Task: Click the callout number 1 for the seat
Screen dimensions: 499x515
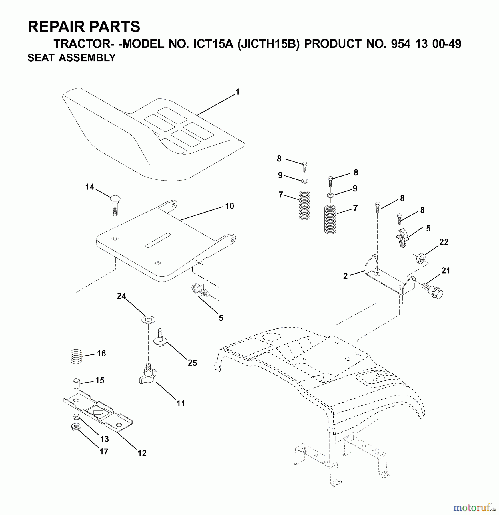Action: click(x=237, y=92)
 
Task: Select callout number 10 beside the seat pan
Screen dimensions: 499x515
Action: click(x=229, y=206)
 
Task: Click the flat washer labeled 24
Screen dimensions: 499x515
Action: click(x=148, y=319)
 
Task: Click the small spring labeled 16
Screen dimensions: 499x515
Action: click(x=76, y=356)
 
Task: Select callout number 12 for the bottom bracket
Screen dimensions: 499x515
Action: click(x=142, y=453)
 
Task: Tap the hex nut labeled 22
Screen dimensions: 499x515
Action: click(x=419, y=258)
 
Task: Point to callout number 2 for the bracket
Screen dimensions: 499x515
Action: click(x=346, y=276)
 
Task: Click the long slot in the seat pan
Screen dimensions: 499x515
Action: click(x=158, y=240)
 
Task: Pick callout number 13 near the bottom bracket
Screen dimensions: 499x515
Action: click(x=104, y=439)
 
